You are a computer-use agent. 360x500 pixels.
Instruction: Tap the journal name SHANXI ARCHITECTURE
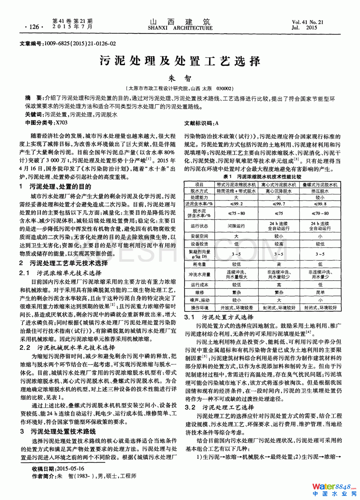point(180,28)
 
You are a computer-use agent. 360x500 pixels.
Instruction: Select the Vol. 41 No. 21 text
point(307,22)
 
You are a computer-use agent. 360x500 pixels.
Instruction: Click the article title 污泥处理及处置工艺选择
point(180,61)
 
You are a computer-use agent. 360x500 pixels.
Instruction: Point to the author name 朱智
point(180,78)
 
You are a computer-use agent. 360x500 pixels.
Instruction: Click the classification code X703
point(62,122)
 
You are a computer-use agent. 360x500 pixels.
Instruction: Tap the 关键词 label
point(34,115)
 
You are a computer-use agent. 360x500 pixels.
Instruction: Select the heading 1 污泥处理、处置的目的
point(56,186)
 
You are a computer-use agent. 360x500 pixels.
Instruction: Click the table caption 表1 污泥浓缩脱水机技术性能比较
point(262,177)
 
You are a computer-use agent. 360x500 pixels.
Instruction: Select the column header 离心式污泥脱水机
point(279,184)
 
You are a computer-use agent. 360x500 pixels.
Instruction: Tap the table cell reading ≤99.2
point(236,204)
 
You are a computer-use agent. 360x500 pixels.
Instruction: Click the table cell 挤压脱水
point(320,191)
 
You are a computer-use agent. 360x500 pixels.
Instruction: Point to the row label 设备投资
point(199,244)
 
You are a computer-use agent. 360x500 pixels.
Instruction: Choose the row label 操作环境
point(199,308)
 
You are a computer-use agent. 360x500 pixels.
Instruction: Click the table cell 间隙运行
point(236,226)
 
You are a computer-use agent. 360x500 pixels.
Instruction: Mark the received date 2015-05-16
point(71,469)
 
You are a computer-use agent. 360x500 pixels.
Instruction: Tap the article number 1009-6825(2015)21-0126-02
point(79,44)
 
